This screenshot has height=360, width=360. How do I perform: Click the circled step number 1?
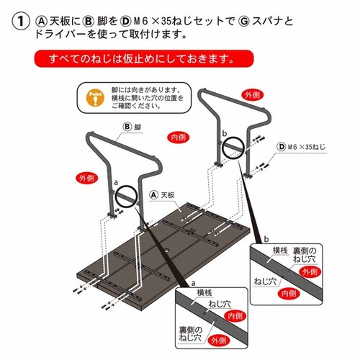pos(19,21)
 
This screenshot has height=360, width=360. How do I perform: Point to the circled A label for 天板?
pos(153,195)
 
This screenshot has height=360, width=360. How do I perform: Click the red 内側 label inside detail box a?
pos(235,315)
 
